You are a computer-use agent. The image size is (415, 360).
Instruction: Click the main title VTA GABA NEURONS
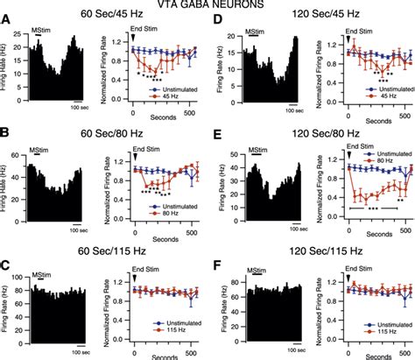coord(207,6)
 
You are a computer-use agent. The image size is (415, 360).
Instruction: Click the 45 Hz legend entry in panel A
coord(181,96)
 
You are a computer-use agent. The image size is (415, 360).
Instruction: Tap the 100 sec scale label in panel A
coord(78,109)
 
